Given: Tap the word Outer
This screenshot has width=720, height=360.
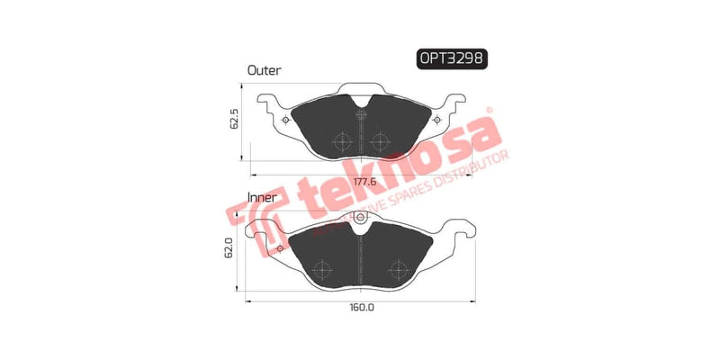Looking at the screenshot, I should tap(264, 69).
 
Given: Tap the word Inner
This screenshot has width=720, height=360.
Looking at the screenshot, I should tap(262, 196).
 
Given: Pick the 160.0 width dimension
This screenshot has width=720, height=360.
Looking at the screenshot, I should tap(362, 306).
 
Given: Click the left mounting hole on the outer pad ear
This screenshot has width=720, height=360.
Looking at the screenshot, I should tap(286, 120).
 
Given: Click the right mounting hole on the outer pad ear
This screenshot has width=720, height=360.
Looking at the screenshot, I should tap(437, 120).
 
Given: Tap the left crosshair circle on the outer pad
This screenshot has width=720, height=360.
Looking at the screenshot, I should tap(342, 142).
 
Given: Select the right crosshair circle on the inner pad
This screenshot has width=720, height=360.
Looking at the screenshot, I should tap(397, 269).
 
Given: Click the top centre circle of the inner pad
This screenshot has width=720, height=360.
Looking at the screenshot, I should tap(361, 216).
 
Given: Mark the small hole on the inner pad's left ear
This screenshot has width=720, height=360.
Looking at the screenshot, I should tap(280, 247).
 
